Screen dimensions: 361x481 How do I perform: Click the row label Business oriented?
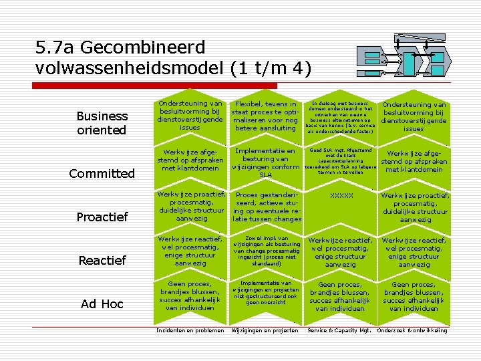[x=102, y=123]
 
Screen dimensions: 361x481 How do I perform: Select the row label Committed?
[x=102, y=174]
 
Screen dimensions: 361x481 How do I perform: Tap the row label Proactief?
[x=102, y=217]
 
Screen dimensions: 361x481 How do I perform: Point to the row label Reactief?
[x=102, y=261]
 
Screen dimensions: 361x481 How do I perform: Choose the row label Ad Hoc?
[x=102, y=304]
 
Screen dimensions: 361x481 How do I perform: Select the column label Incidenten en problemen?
[x=190, y=331]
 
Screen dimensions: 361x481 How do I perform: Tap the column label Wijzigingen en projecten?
[x=266, y=331]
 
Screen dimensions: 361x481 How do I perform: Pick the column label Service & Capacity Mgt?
[x=339, y=331]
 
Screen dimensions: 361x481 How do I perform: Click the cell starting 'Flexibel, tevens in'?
[x=265, y=116]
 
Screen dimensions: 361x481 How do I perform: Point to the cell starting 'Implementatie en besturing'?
[x=265, y=163]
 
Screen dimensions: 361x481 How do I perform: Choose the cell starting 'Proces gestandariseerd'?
[x=267, y=207]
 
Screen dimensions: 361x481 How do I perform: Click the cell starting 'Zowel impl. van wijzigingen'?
[x=265, y=251]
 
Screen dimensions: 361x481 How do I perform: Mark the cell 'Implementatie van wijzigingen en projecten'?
[x=265, y=293]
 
